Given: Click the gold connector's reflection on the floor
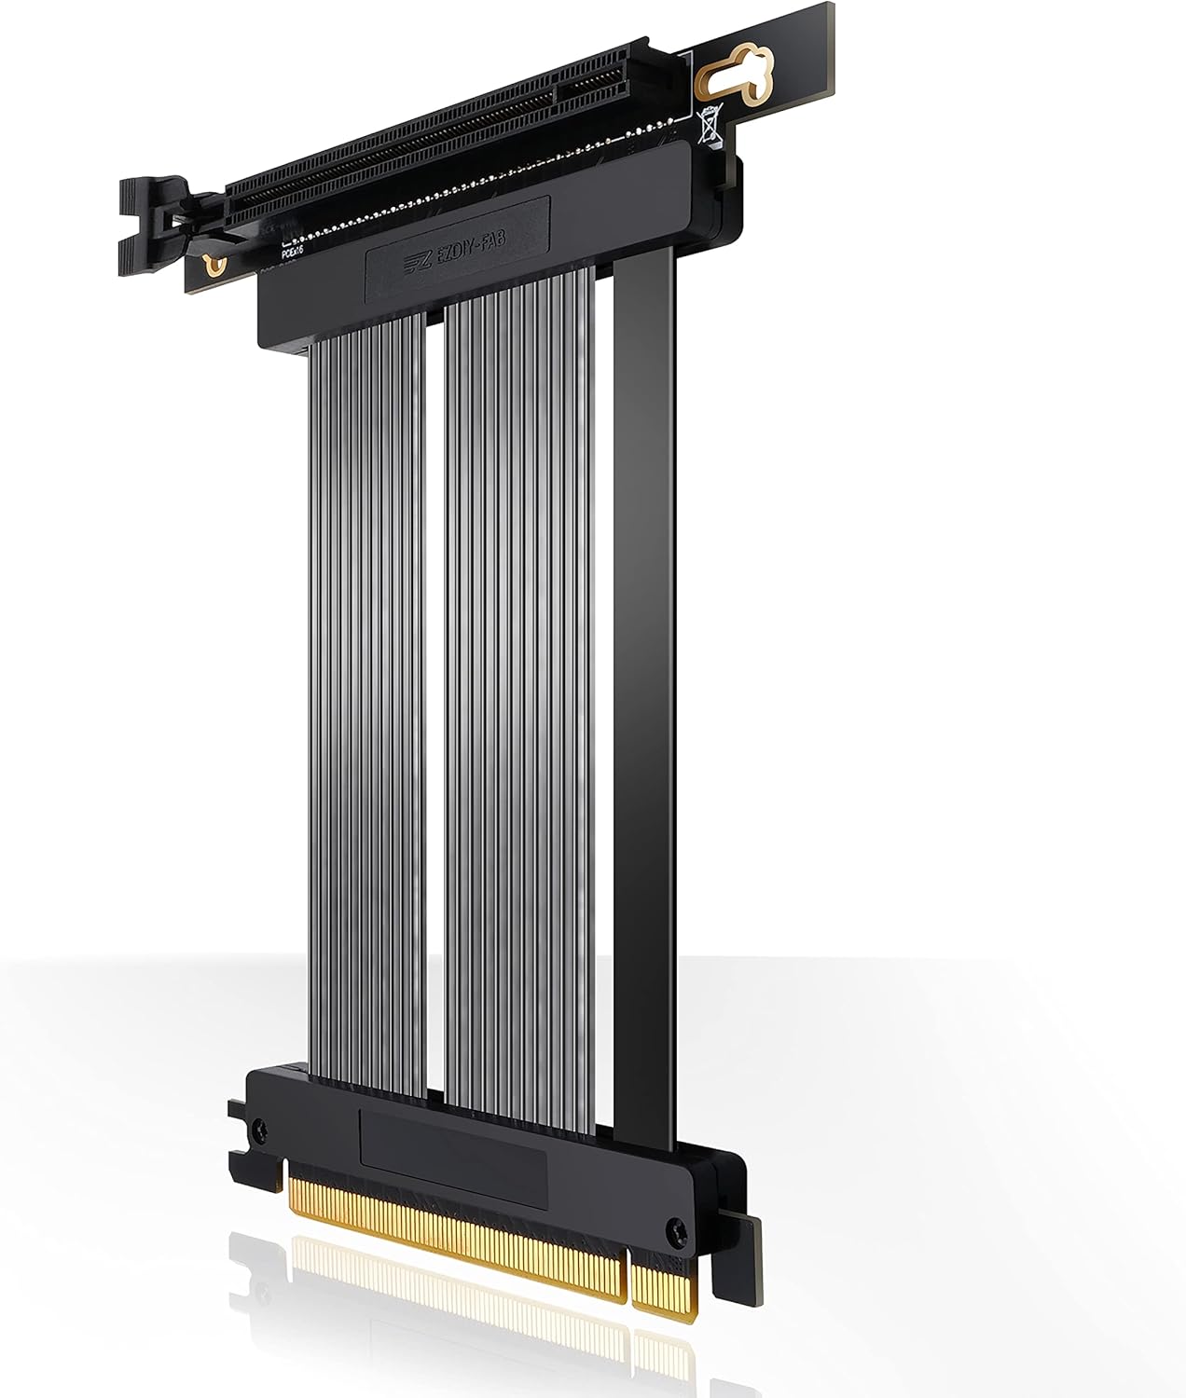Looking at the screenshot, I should click(x=448, y=1323).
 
